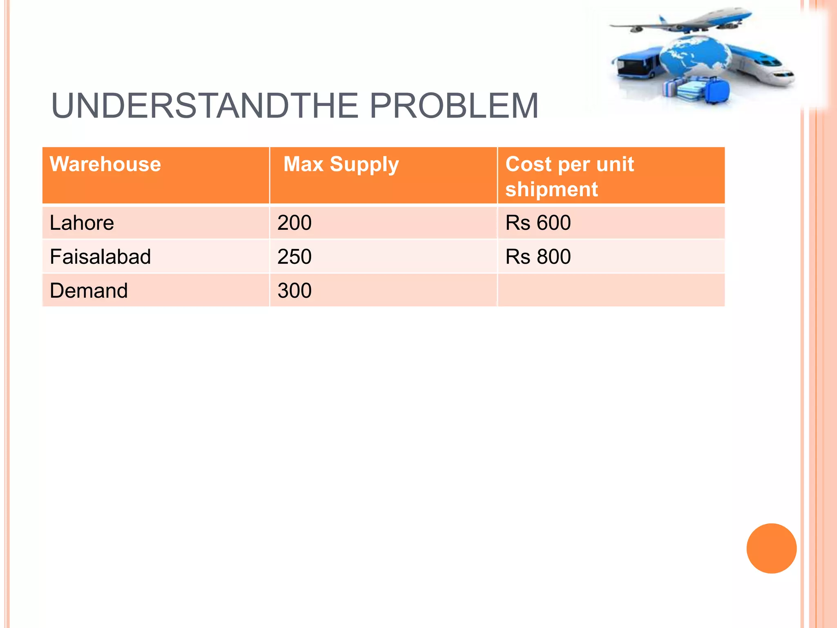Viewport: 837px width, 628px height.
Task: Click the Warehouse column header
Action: coord(105,164)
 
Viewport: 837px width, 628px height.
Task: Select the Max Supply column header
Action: coord(341,165)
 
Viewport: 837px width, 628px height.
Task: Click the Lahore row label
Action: coord(82,223)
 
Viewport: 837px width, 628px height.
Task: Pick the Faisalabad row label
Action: coord(100,257)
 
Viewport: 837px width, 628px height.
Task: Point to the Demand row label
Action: coord(89,291)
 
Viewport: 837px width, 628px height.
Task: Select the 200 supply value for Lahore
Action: coord(294,223)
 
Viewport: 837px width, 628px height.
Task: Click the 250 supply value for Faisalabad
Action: coord(294,257)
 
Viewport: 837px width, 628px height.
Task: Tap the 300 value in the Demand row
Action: coord(294,291)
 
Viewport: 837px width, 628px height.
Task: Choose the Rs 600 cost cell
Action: coord(538,223)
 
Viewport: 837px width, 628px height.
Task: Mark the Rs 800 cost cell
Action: coord(538,257)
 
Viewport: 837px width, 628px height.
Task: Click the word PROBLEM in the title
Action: coord(454,106)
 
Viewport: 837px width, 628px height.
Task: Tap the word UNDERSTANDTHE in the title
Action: coord(204,106)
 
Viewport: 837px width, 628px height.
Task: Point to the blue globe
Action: coord(695,55)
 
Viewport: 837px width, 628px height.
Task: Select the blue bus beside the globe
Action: coord(636,63)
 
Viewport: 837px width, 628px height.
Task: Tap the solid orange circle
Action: coord(771,548)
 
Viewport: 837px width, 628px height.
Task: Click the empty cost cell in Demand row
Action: coord(611,291)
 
